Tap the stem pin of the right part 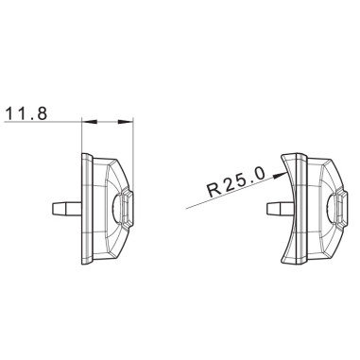click(278, 207)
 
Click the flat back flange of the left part click(86, 207)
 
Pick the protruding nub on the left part click(128, 207)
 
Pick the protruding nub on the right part click(337, 207)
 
